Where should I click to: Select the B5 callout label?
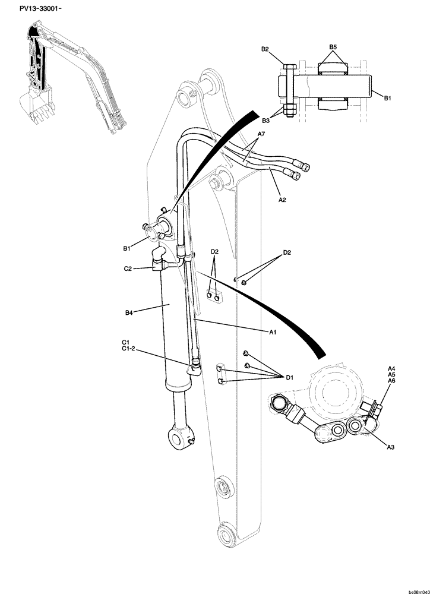[333, 46]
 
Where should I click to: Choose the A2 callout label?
[282, 200]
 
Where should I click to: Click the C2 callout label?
[128, 268]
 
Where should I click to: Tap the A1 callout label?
[273, 333]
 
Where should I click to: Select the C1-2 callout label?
[128, 349]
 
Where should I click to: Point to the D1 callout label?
[290, 377]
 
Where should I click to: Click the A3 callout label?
[391, 446]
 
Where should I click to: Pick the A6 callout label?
[391, 381]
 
